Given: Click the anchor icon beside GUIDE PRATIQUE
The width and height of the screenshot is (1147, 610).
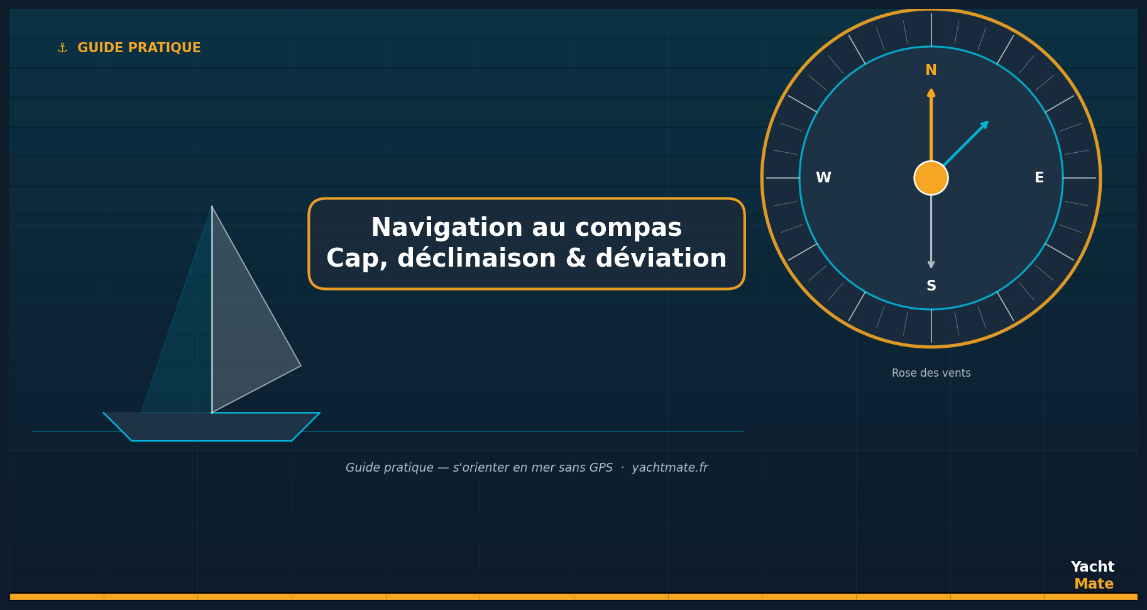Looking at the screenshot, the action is (x=62, y=48).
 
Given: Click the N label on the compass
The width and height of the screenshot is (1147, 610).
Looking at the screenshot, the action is (x=931, y=70).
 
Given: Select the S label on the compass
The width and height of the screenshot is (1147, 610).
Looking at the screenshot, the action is (x=931, y=286).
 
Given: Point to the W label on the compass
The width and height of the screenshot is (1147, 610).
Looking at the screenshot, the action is (x=823, y=178).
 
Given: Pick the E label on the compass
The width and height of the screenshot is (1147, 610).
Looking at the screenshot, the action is (x=1039, y=178).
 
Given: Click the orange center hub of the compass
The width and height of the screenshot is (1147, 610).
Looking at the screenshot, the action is (x=931, y=178).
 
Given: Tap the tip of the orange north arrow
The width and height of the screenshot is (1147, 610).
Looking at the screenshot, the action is (x=931, y=89).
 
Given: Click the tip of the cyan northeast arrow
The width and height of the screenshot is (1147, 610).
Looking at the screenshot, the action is (x=989, y=121).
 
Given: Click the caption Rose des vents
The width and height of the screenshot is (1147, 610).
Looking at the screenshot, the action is (x=931, y=374).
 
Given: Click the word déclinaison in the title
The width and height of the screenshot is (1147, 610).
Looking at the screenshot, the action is (x=476, y=258).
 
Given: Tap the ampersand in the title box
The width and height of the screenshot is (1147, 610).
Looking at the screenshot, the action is (x=576, y=258).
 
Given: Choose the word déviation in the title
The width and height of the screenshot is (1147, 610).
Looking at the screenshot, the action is (x=662, y=258).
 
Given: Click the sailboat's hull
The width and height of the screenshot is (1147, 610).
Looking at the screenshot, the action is (x=212, y=427).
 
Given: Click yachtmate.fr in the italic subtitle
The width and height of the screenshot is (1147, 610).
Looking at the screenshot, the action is (x=670, y=468).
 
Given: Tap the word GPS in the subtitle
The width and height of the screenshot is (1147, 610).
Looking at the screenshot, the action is (x=600, y=468).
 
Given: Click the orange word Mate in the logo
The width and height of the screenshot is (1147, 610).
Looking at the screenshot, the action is (x=1094, y=584).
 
